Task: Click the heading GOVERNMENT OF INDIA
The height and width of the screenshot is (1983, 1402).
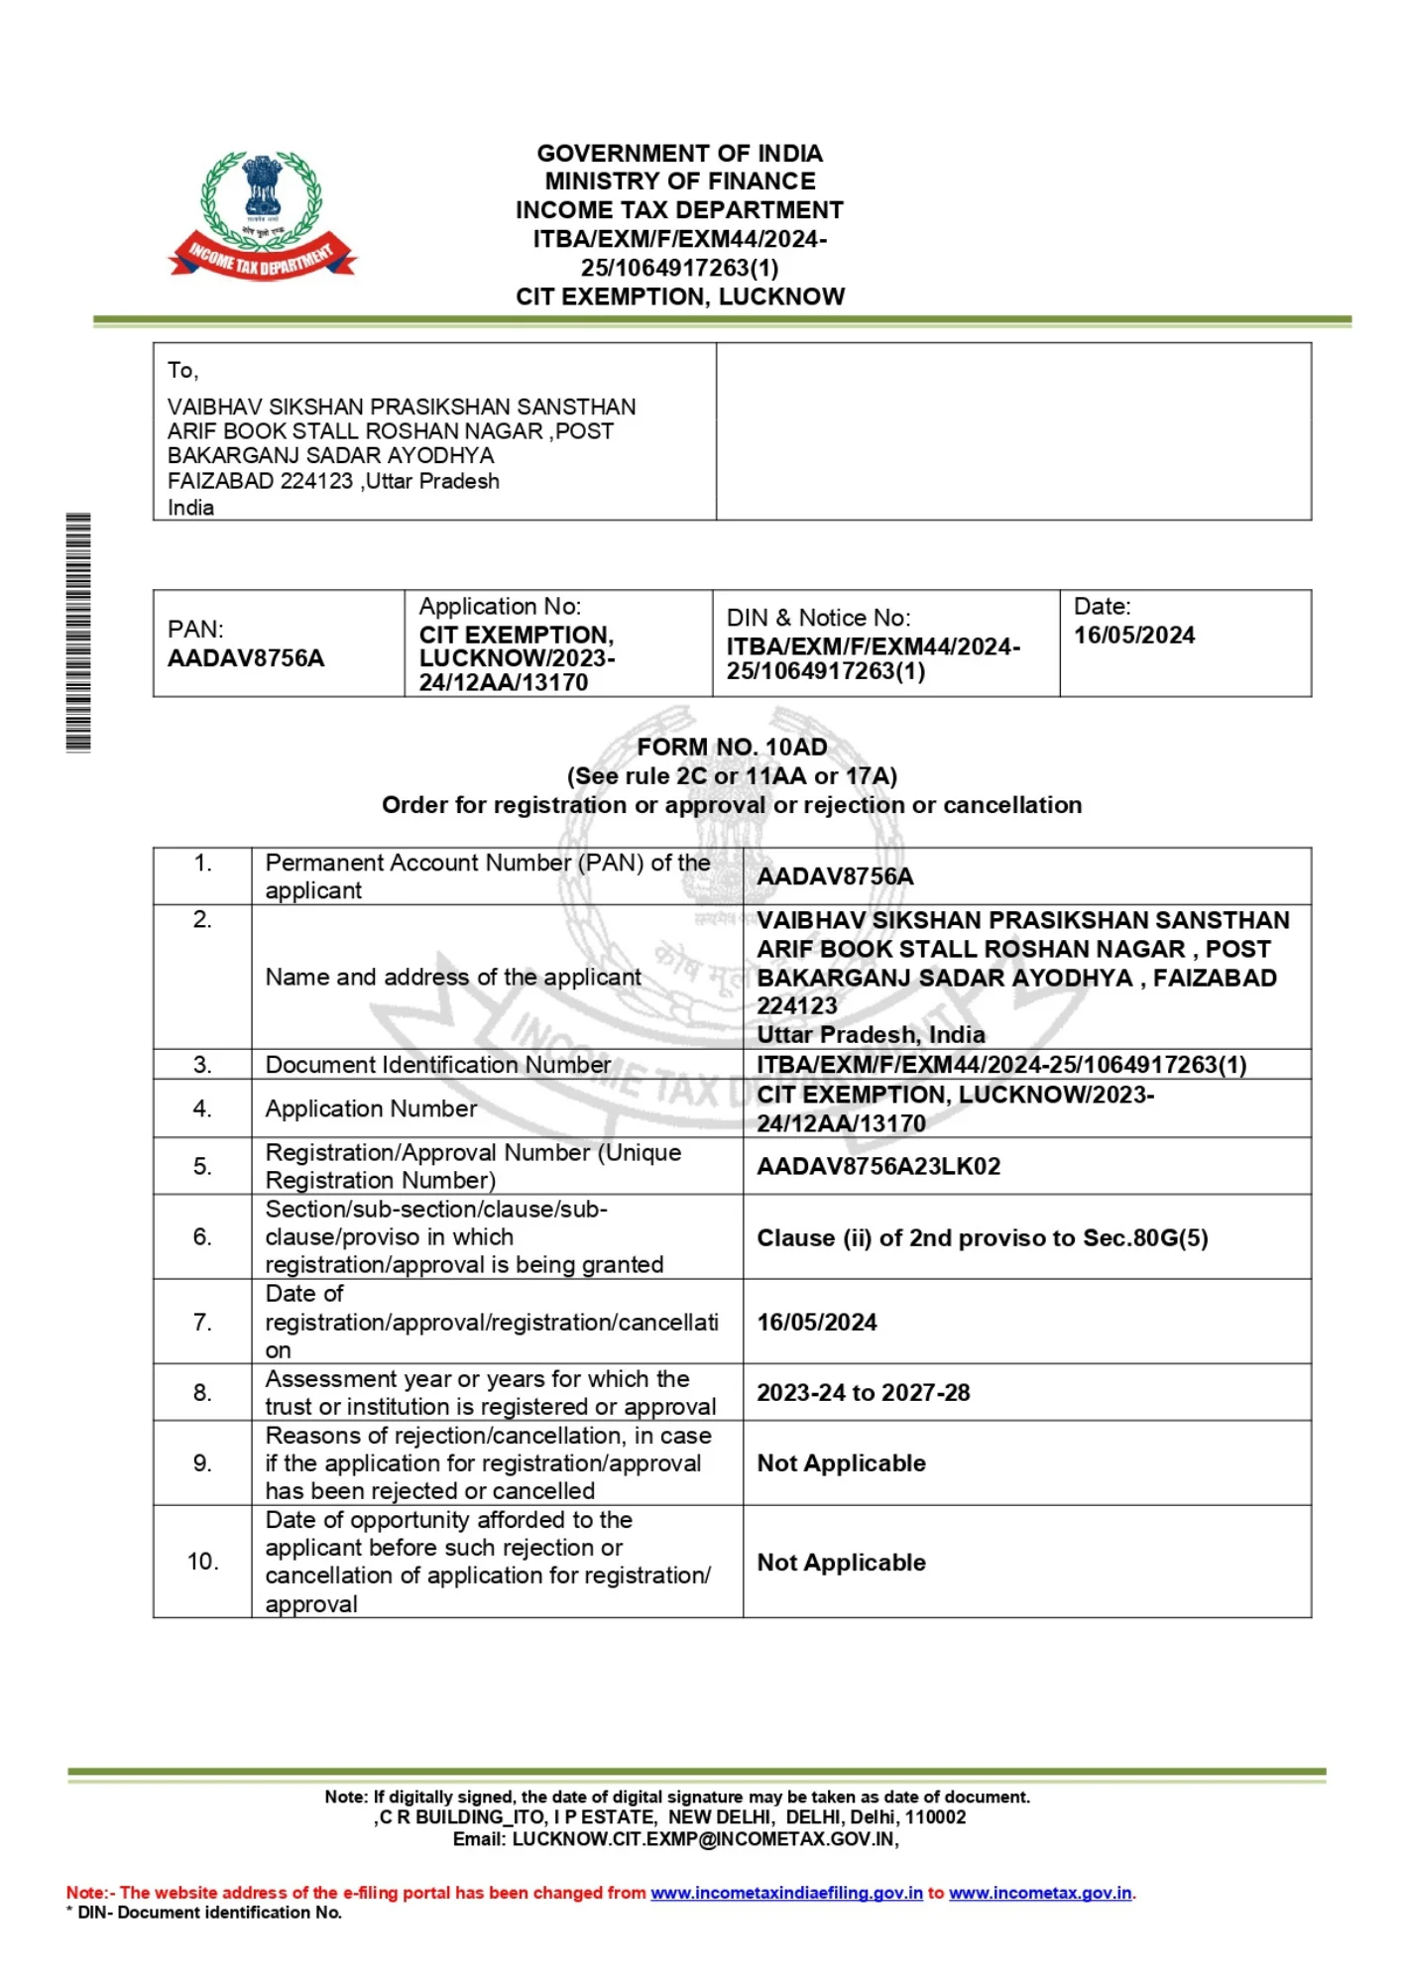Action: click(679, 154)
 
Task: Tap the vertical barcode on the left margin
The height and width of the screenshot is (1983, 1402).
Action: click(78, 632)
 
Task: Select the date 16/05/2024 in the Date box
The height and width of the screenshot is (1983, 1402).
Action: click(1134, 636)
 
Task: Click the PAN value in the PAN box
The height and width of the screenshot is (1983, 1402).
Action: click(246, 658)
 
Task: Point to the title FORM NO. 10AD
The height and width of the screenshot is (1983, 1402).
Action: click(732, 747)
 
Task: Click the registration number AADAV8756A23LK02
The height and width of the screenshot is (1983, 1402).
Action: click(878, 1166)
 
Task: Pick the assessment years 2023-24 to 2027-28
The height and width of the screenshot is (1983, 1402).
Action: click(863, 1392)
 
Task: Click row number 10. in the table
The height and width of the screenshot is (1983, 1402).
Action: click(202, 1562)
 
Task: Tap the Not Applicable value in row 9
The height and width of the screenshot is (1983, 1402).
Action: click(841, 1462)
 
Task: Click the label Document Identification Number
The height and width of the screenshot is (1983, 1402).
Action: click(437, 1065)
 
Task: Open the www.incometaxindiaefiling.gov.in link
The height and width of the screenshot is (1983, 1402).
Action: click(786, 1893)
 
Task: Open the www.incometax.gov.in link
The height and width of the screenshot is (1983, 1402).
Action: click(1040, 1893)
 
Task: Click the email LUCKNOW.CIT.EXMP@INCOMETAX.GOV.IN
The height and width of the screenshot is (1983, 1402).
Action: click(704, 1839)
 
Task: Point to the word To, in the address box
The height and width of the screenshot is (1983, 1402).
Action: click(182, 371)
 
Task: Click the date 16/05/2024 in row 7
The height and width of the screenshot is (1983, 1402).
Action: click(817, 1322)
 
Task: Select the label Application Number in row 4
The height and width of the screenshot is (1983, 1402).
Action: click(371, 1108)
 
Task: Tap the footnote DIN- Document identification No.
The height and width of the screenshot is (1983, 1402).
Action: click(208, 1913)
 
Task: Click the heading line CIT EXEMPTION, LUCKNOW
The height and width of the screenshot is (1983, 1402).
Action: click(680, 296)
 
